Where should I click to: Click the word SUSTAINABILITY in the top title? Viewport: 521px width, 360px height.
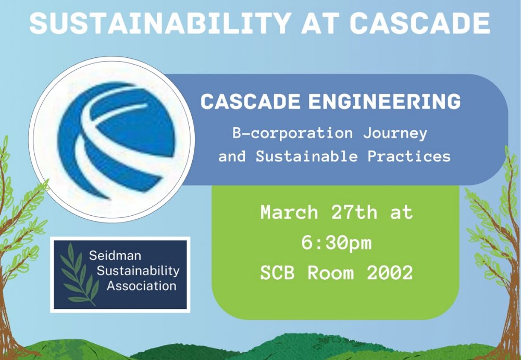158,22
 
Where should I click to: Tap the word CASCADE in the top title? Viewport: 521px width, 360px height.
420,22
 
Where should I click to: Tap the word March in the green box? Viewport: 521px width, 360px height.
289,213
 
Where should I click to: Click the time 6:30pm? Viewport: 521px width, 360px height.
336,243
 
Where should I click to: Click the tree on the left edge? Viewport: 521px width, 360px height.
16,234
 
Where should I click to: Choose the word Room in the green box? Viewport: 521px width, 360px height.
334,272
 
